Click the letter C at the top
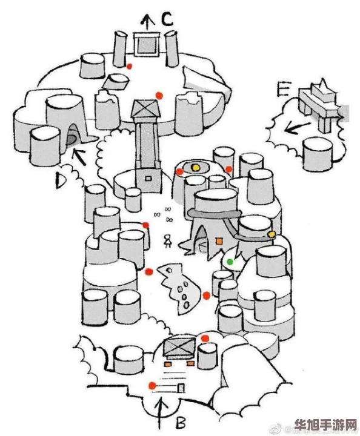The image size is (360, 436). coord(167,19)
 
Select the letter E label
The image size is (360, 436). coord(283,91)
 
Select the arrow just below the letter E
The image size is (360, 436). coord(292,128)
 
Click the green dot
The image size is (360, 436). coord(230,262)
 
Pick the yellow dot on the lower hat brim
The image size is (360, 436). coord(272,234)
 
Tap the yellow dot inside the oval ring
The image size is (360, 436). coord(195,167)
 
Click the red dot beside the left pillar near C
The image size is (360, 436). coord(129,66)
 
